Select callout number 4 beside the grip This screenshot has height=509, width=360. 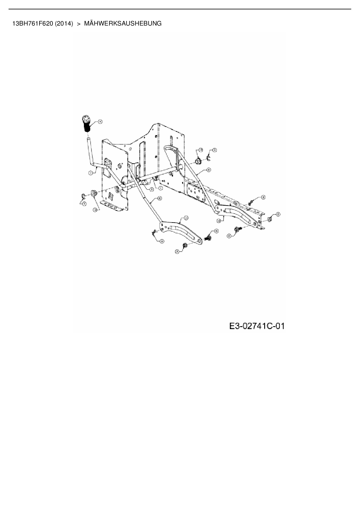(x=100, y=122)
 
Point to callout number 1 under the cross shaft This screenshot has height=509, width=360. (x=161, y=188)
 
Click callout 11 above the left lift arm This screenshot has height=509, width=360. (x=186, y=217)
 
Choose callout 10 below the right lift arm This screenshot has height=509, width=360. (x=219, y=221)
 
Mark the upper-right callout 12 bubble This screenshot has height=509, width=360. (x=200, y=149)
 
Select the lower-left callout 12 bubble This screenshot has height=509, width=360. (x=95, y=210)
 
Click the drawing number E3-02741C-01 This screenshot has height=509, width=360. (x=257, y=326)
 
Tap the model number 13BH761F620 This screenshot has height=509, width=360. (x=33, y=24)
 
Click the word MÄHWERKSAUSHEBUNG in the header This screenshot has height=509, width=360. (x=123, y=24)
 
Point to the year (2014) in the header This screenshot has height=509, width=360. (x=64, y=24)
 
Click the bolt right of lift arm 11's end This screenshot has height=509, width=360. (x=208, y=238)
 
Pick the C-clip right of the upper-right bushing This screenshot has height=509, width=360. (x=208, y=158)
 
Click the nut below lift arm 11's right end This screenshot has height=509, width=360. (x=184, y=246)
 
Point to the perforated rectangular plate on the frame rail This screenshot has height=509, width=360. (x=195, y=192)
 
